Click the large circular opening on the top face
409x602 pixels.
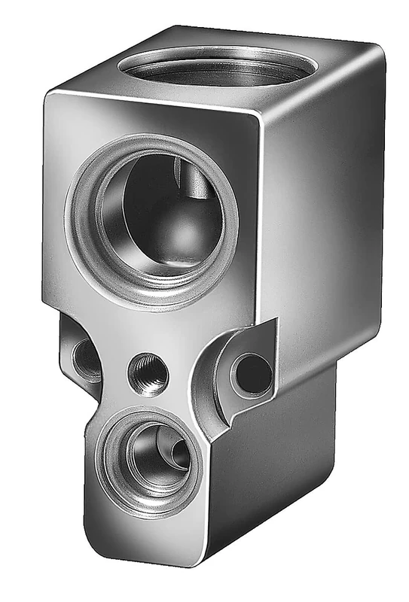[x=215, y=65]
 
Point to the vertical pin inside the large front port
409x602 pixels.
[x=188, y=181]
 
